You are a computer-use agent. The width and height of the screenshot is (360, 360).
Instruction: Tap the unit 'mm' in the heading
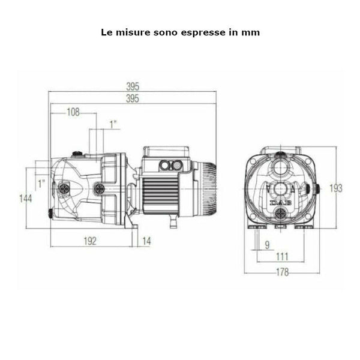click(251, 32)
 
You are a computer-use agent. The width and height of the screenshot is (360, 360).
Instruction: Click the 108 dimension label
click(73, 112)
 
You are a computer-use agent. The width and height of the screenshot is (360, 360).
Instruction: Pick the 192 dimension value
click(89, 241)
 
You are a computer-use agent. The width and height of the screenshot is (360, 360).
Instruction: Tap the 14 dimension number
click(146, 241)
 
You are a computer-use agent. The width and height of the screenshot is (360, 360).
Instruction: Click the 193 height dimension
click(336, 188)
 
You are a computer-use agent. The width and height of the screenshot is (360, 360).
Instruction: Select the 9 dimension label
click(267, 244)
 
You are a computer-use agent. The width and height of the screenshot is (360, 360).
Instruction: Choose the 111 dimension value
click(282, 257)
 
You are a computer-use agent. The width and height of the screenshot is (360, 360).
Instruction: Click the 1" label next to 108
click(113, 124)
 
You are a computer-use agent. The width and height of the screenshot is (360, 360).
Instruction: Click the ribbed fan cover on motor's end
click(206, 188)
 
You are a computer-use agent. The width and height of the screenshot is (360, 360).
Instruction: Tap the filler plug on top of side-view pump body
click(77, 154)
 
